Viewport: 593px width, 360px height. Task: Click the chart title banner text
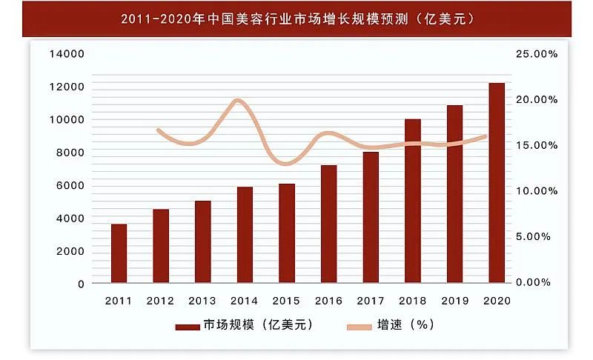[x=296, y=17]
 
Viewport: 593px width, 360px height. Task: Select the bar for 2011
[x=119, y=253]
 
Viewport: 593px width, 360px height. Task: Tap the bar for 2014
[x=245, y=235]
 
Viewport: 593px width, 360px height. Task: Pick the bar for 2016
[x=328, y=224]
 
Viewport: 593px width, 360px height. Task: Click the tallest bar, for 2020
[x=496, y=183]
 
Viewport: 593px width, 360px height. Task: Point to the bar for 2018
[x=413, y=201]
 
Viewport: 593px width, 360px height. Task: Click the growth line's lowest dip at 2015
[x=287, y=163]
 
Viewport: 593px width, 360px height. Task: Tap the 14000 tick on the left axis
[x=67, y=54]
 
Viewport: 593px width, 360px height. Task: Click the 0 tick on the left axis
[x=80, y=284]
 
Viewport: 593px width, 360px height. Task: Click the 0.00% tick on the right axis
[x=537, y=282]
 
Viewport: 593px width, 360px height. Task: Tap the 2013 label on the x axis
[x=202, y=301]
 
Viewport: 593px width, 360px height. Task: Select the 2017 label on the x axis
[x=371, y=301]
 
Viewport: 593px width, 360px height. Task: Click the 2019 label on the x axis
[x=454, y=301]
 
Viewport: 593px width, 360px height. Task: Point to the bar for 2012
[x=161, y=246]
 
